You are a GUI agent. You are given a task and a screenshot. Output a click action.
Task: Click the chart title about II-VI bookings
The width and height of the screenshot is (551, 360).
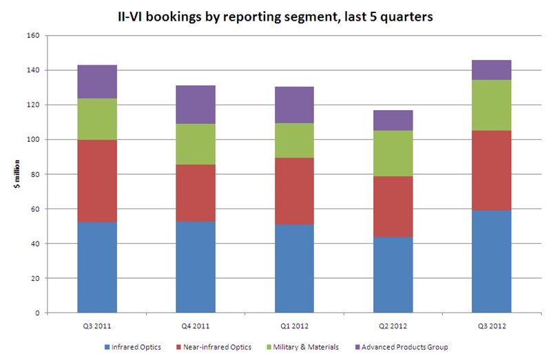coord(275,17)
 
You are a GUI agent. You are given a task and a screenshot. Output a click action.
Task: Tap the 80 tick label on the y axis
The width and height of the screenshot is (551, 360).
coord(32,174)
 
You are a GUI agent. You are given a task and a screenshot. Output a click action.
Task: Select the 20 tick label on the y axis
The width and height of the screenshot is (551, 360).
coord(32,278)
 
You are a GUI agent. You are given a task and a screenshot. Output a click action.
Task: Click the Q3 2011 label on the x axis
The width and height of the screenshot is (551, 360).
coord(97,326)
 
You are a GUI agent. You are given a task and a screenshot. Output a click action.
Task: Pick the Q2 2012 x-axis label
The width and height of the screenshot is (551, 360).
coord(393,326)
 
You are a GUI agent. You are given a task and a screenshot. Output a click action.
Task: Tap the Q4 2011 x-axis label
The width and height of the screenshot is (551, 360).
coord(196,326)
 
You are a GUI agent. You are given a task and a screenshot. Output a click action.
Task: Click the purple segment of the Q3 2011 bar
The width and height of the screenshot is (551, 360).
coord(97,82)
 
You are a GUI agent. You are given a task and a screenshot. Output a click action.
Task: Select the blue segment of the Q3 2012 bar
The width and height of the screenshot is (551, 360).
coord(491,262)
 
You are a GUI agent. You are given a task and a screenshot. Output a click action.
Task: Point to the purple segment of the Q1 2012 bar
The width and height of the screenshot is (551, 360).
coord(294,105)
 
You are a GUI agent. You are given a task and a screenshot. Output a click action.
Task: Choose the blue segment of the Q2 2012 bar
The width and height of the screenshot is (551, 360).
coord(393,275)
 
